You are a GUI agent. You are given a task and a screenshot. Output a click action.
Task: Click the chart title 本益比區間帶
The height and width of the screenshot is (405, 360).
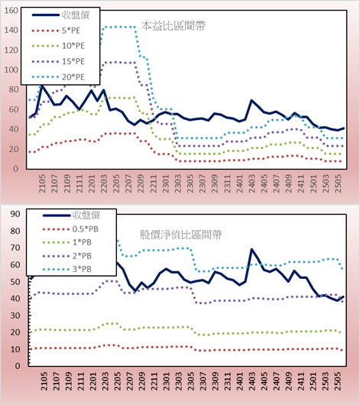point(174,26)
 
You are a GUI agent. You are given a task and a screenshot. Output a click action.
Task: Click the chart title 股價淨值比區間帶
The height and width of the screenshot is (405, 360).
point(180,235)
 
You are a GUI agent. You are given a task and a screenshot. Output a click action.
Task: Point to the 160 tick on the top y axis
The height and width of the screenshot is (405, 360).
point(11,11)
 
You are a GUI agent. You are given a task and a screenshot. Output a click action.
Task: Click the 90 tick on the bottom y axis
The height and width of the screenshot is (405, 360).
point(15,214)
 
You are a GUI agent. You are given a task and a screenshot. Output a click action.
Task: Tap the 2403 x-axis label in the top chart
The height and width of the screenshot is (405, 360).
point(251,183)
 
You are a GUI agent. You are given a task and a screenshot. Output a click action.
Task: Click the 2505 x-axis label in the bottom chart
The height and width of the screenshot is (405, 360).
point(338,381)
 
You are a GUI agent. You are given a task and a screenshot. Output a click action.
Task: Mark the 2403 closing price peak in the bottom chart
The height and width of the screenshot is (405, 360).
point(251,249)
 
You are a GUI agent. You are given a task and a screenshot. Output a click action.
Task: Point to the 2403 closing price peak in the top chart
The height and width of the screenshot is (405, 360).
point(251,100)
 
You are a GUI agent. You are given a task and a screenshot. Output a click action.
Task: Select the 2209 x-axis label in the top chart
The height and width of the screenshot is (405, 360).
point(141,183)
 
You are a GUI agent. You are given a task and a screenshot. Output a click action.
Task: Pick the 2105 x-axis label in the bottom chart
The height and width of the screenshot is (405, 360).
point(44,381)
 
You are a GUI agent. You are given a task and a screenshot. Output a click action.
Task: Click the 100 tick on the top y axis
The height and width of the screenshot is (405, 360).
point(11,70)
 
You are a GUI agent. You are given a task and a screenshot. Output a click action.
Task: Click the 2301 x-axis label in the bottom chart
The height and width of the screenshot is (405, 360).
point(167,381)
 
